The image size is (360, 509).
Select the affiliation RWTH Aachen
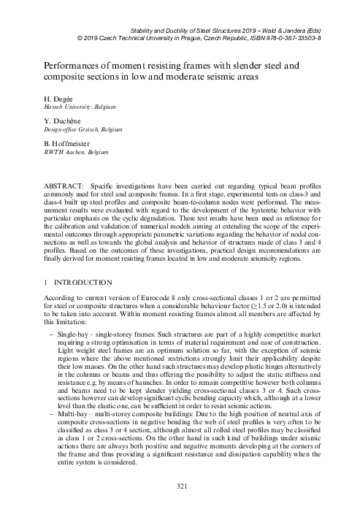63,153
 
